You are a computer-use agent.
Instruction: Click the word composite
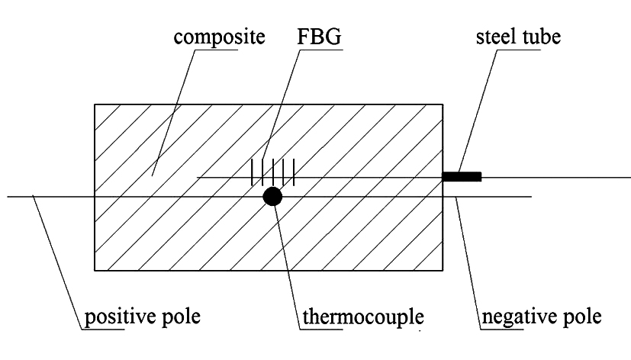219,38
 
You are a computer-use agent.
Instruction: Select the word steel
497,37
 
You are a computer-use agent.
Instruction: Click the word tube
541,37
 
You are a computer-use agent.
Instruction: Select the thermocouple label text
363,317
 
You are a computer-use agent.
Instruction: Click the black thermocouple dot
272,197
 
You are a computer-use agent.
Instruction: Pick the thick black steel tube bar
462,177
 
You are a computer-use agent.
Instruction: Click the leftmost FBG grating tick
253,172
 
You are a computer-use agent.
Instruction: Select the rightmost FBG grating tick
295,172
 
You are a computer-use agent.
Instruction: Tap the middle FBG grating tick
273,172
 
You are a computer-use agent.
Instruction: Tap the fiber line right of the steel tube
556,177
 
